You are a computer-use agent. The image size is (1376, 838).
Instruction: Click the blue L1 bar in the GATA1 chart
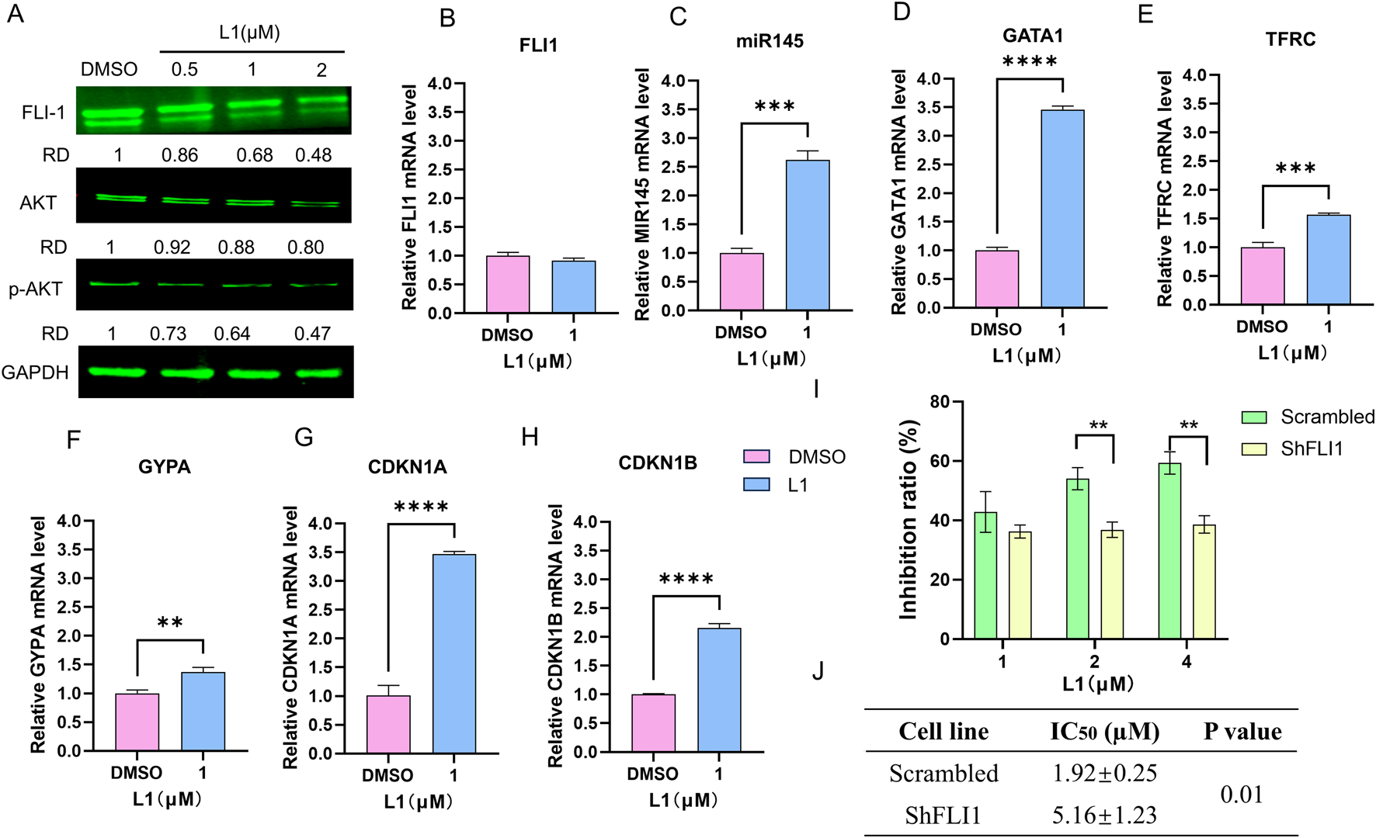click(1062, 209)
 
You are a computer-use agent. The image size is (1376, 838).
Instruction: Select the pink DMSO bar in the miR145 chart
click(742, 282)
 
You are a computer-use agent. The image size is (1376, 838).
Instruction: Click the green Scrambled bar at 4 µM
click(1169, 551)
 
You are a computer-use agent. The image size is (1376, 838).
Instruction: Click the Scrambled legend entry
click(1308, 417)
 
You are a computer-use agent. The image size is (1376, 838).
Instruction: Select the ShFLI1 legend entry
click(1293, 448)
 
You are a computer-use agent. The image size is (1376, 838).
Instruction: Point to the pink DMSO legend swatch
click(756, 456)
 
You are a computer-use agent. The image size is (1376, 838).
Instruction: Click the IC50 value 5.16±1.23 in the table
click(1104, 815)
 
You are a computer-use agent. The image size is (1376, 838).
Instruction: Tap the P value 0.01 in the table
click(1241, 795)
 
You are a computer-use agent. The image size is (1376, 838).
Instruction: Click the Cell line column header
click(943, 731)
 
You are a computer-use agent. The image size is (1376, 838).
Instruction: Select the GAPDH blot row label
click(35, 372)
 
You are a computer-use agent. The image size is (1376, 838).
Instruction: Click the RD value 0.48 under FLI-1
click(313, 155)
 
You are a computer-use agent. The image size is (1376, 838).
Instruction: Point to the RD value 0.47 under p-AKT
click(312, 334)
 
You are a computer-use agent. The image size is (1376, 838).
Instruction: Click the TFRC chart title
click(1291, 39)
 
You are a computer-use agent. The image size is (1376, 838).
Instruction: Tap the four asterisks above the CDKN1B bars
click(686, 580)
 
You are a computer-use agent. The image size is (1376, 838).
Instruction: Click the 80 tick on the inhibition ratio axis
click(939, 402)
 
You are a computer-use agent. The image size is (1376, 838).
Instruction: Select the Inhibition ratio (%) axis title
click(908, 520)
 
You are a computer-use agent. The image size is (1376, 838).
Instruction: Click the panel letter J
click(818, 671)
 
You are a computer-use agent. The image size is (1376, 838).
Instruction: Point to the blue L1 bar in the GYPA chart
click(203, 712)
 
